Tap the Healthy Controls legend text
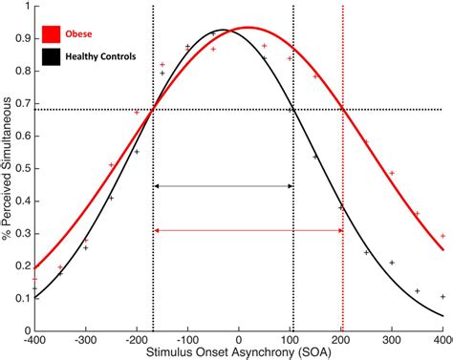click(x=107, y=57)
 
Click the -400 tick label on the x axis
click(x=34, y=339)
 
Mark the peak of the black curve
click(x=222, y=30)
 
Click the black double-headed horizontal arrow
click(x=223, y=185)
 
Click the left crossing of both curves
click(x=153, y=109)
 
